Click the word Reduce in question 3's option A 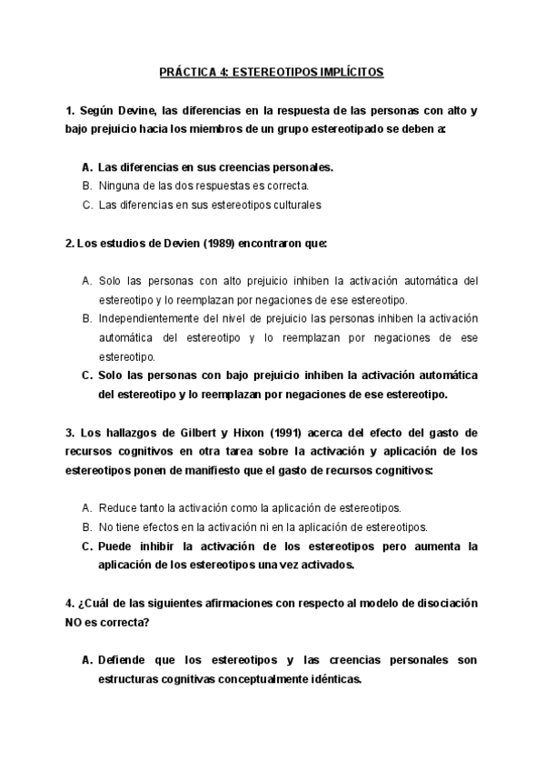pos(116,507)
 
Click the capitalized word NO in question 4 pos(75,622)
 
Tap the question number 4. pos(70,603)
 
